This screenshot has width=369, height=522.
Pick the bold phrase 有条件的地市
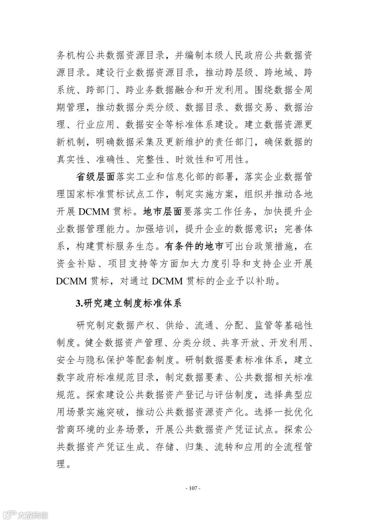point(194,246)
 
